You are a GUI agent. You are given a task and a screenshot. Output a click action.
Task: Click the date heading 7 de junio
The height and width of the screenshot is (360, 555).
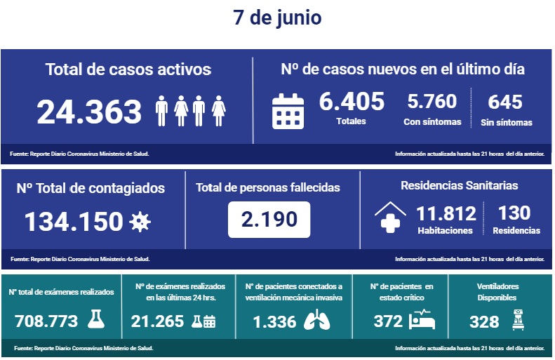(277, 18)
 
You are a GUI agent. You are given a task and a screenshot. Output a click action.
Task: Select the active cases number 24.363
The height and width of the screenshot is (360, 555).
(89, 112)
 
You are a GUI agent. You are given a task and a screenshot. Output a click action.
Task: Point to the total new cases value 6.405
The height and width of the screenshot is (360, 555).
(352, 102)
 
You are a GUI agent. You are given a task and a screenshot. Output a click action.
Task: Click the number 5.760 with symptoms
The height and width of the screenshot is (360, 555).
(432, 102)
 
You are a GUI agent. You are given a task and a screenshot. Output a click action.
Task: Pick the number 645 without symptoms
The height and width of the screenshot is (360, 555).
(505, 102)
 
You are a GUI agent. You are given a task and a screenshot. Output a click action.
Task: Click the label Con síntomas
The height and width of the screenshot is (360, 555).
(432, 122)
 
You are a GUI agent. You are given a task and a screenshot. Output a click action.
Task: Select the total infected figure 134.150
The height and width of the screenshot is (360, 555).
(74, 222)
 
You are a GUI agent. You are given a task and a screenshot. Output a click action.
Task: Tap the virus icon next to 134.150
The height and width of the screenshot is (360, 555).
(140, 222)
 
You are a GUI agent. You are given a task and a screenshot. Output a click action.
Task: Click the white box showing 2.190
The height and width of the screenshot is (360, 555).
(269, 219)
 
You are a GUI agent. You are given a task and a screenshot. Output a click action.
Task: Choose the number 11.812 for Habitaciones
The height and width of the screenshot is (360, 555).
(446, 213)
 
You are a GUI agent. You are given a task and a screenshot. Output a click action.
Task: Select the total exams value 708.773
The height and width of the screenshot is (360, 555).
(46, 321)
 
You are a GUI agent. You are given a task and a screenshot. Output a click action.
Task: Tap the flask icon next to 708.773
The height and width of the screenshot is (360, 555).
(96, 320)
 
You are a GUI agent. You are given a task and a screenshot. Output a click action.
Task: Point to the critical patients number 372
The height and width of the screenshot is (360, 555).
(388, 321)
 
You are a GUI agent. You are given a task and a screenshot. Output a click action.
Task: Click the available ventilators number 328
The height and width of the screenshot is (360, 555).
(484, 321)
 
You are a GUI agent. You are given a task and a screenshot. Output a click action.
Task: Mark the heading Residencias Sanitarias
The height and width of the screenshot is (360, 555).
(459, 185)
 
